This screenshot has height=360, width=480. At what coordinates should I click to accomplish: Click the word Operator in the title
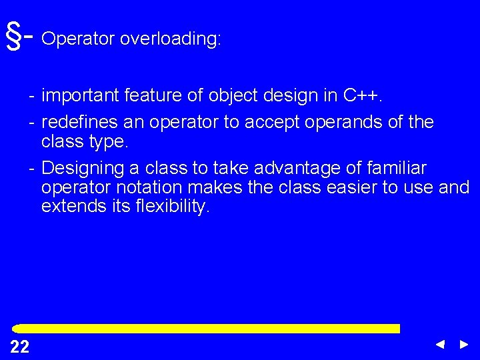[x=78, y=40]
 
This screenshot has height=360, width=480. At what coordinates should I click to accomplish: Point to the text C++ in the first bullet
[x=362, y=97]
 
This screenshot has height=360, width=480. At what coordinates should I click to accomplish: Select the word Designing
[x=85, y=167]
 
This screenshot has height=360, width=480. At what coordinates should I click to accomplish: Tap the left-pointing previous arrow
[x=439, y=345]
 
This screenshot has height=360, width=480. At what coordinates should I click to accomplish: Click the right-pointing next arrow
[x=464, y=345]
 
